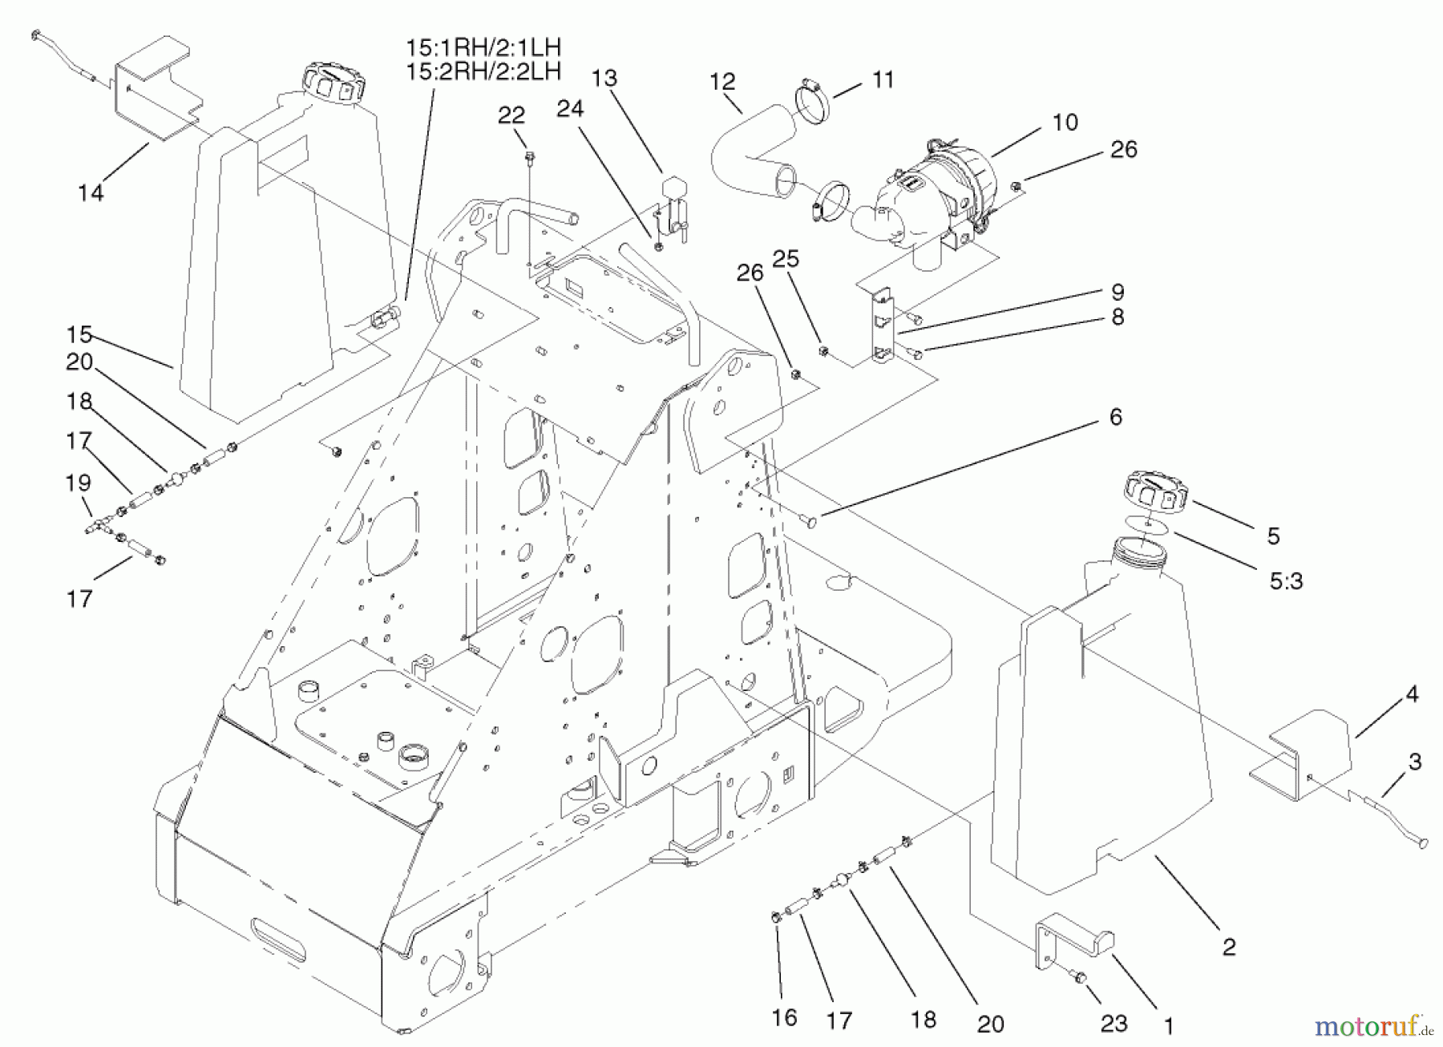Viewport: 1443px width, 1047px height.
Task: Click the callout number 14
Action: coord(91,193)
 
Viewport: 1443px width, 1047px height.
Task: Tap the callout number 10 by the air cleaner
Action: coord(1065,123)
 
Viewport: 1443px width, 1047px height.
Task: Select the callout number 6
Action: coord(1115,417)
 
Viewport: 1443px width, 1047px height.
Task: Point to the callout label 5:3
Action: coord(1286,580)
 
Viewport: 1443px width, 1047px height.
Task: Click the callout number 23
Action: coord(1114,1023)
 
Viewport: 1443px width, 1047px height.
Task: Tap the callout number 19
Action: coord(79,483)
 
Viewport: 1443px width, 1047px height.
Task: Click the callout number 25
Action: coord(786,259)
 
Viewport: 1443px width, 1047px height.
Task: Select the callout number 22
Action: coord(511,115)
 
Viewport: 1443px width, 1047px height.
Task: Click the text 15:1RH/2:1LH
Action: coord(483,47)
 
